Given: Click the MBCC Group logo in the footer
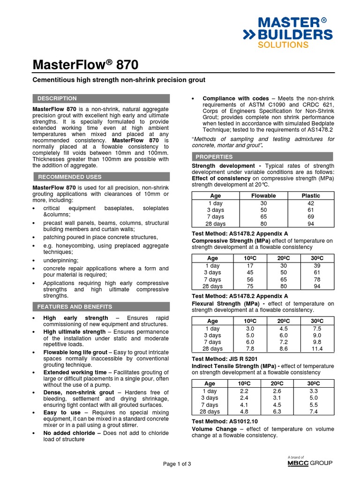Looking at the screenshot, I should click(310, 463).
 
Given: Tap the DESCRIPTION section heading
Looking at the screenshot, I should click(57, 98).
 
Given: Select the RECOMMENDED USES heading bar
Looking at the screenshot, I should click(69, 177).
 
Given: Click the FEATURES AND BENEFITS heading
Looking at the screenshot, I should click(75, 307).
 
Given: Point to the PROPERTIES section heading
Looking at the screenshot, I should click(214, 157).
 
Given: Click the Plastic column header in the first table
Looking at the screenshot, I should click(311, 195).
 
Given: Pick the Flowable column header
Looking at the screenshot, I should click(263, 195).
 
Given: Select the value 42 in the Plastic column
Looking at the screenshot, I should click(311, 203).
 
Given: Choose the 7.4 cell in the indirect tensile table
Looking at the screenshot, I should click(313, 412).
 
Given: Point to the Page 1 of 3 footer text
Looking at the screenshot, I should click(177, 464).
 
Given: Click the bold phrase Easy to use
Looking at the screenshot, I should click(62, 412).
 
